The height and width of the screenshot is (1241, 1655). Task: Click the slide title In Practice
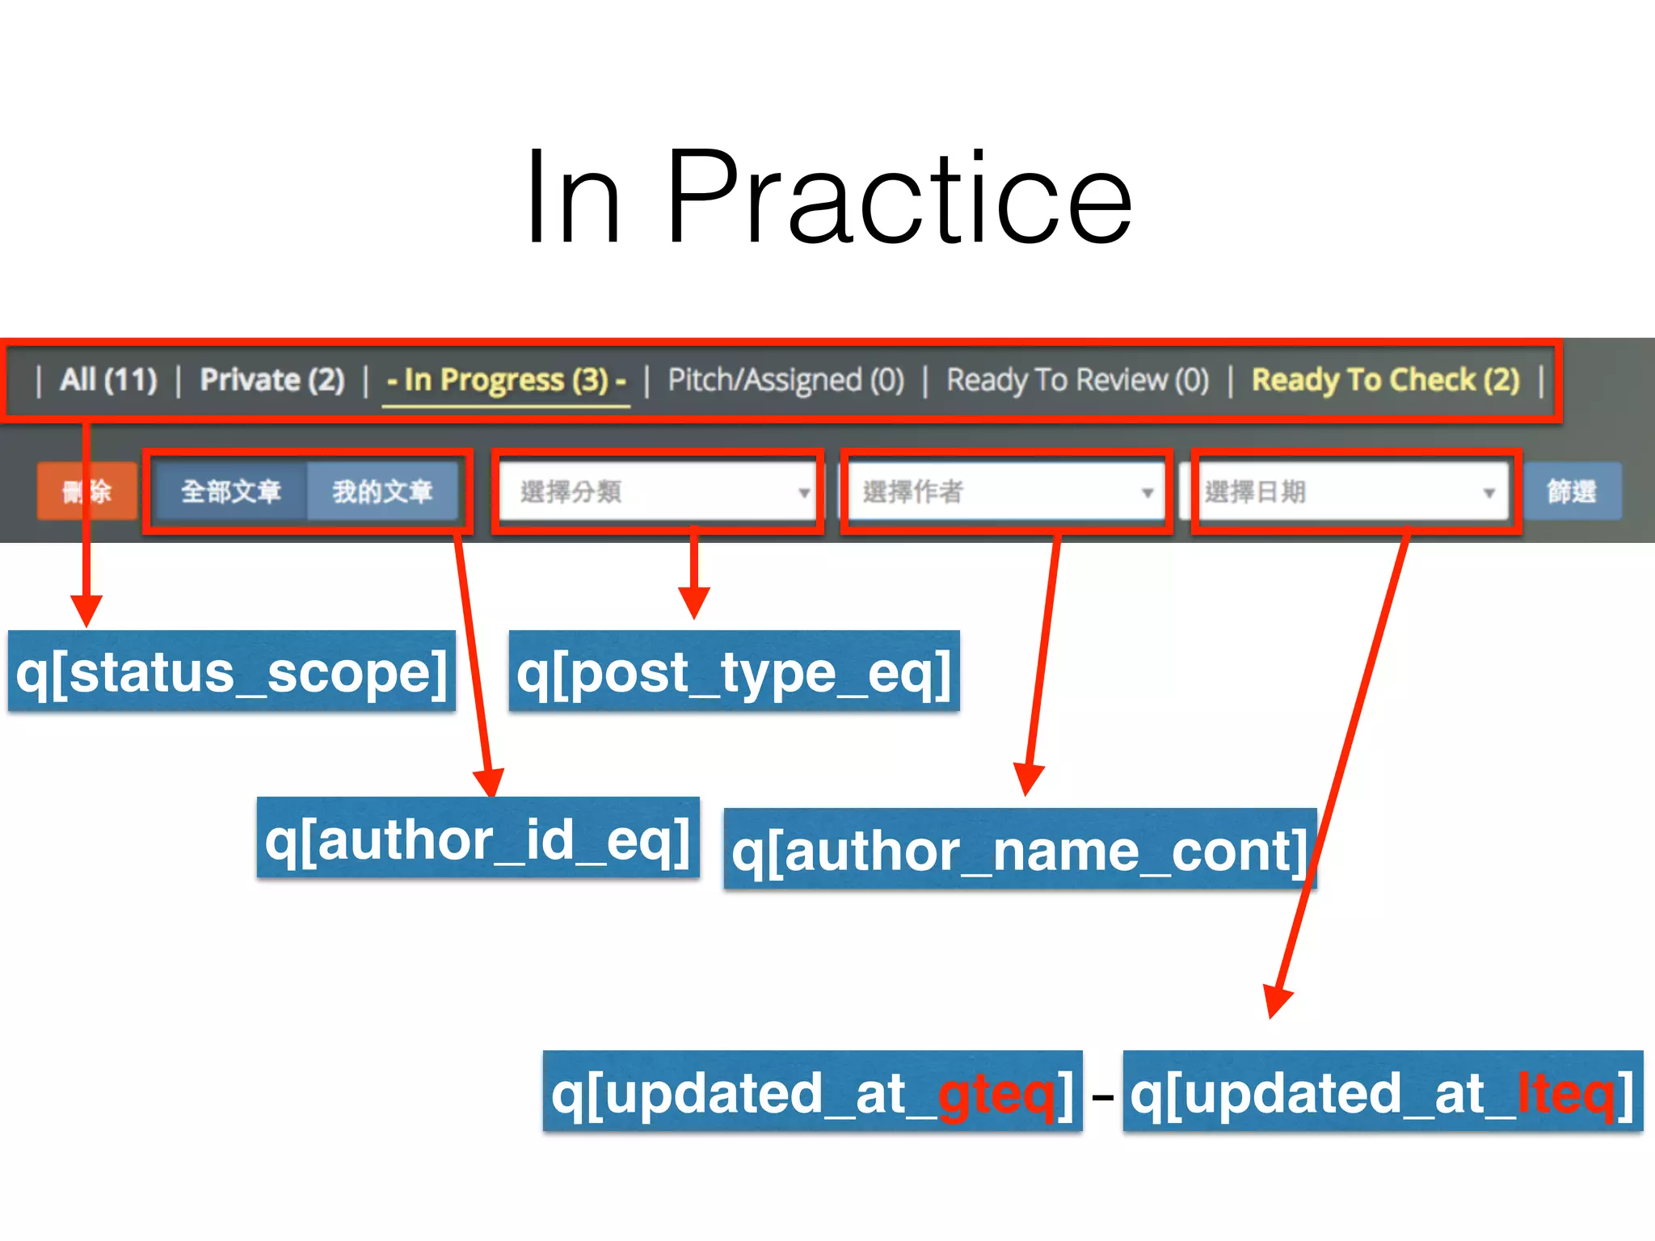827,198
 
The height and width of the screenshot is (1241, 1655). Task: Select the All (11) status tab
108,380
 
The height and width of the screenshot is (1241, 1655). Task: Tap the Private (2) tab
272,380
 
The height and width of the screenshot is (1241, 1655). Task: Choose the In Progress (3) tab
506,380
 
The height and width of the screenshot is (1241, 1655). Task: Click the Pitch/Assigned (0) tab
785,380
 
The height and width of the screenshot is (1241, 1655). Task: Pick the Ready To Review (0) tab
1077,380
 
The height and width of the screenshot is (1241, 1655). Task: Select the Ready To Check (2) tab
1385,380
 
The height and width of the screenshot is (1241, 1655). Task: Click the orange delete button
86,490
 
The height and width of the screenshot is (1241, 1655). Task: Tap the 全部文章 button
230,490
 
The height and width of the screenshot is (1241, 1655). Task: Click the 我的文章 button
382,490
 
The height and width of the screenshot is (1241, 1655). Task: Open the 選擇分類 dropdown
656,491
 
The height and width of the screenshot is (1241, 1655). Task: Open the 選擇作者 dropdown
1004,491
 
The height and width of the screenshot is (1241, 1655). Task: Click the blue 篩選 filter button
1571,490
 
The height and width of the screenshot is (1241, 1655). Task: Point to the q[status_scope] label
231,671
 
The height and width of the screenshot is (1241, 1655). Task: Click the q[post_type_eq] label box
734,671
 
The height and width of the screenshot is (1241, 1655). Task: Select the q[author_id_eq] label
478,838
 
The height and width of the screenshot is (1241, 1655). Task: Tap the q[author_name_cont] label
1019,849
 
